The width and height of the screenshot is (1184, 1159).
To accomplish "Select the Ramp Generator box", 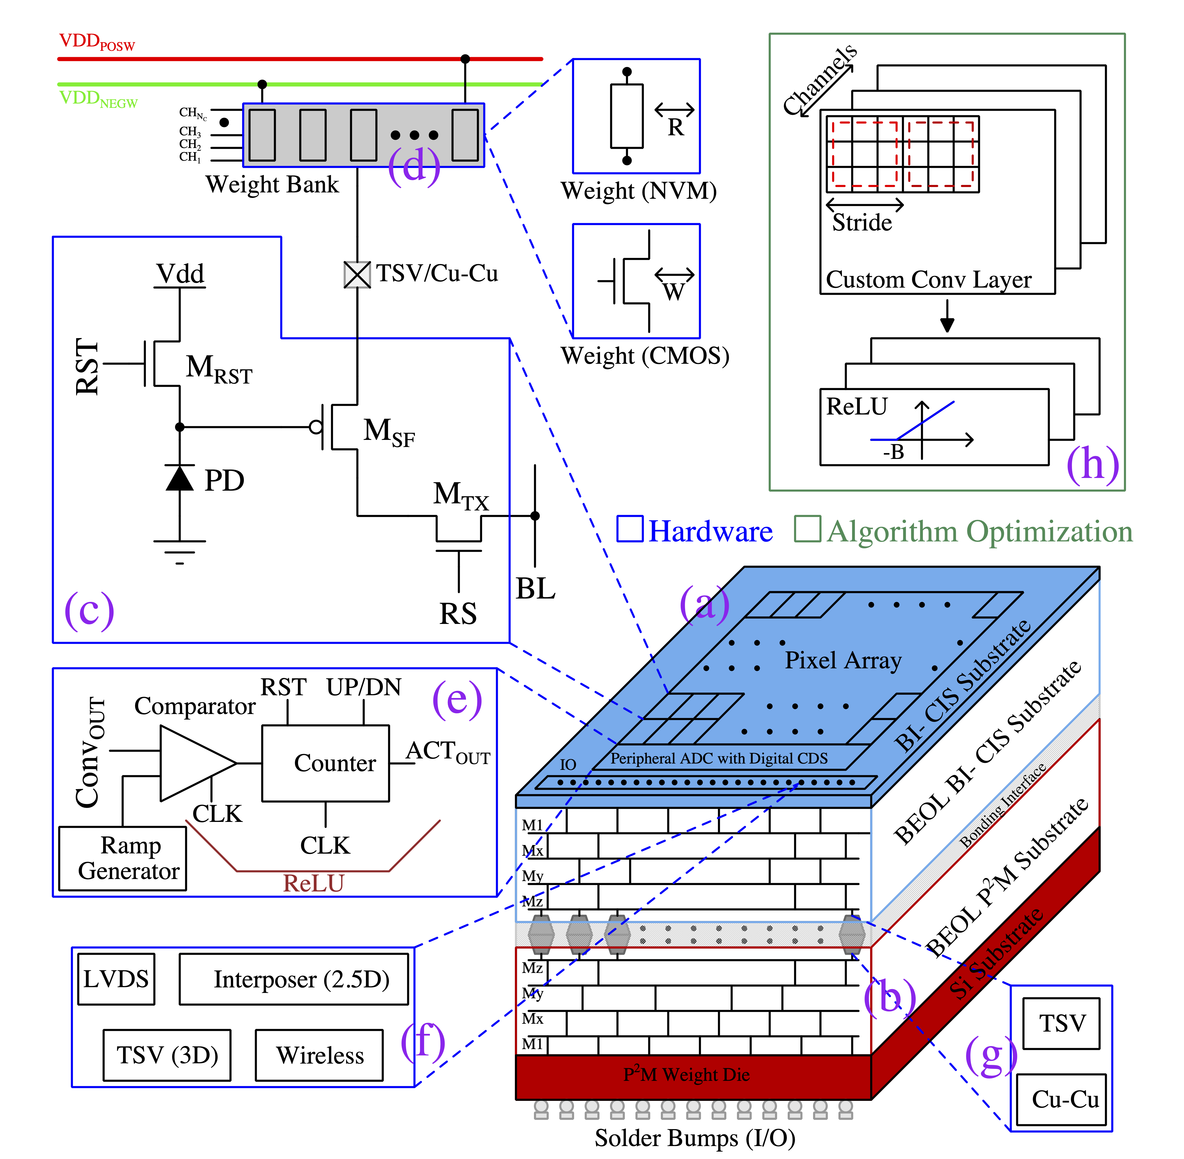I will coord(122,858).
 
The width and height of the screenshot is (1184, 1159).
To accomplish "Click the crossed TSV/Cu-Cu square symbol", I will coord(357,275).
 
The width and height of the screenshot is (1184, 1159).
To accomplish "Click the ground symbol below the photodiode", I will coord(179,551).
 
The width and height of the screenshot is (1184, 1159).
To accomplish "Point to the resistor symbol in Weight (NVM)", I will coord(627,116).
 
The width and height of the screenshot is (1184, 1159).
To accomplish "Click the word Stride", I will coord(861,223).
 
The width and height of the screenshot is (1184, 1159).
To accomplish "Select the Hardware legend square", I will coord(630,529).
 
